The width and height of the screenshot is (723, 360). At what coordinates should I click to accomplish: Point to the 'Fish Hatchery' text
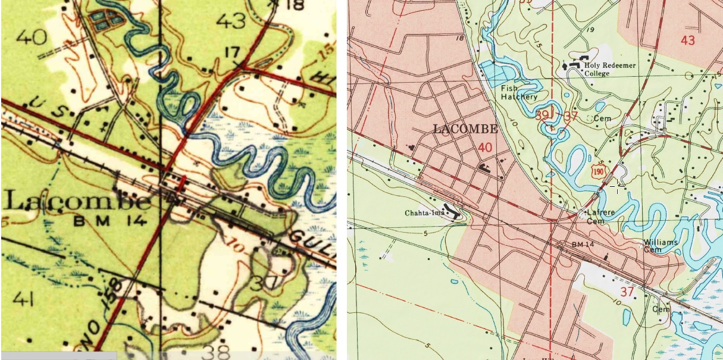[519, 92]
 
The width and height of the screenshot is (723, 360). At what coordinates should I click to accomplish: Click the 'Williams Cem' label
[661, 246]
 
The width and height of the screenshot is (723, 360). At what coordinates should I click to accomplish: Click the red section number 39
[542, 114]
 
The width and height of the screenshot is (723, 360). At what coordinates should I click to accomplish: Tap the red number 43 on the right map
[687, 40]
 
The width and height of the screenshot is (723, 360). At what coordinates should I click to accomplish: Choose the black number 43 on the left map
[231, 22]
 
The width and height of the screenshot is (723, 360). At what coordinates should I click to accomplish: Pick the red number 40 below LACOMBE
[486, 147]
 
